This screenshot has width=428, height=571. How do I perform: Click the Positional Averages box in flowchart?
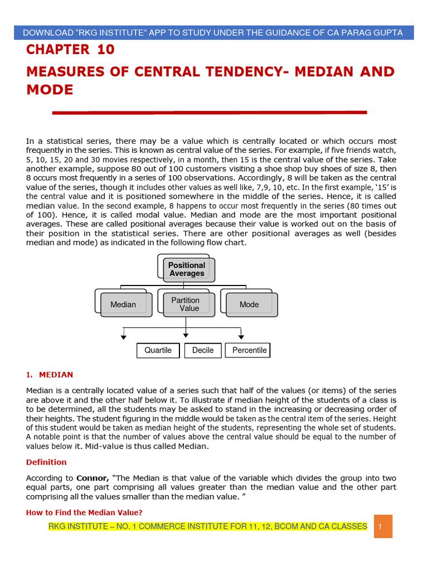(187, 269)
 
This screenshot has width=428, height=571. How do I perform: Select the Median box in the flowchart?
(123, 304)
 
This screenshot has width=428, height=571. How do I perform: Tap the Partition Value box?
(186, 304)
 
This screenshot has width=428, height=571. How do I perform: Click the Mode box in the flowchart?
(249, 304)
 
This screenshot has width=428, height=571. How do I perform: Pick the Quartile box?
(158, 350)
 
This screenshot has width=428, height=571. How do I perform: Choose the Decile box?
(203, 350)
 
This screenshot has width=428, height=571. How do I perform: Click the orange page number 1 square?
(383, 526)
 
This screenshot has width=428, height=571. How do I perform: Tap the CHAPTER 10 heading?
(70, 50)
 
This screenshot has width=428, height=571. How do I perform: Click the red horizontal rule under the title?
(209, 113)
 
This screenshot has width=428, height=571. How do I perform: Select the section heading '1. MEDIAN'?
(50, 375)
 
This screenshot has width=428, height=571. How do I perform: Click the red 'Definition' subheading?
(46, 462)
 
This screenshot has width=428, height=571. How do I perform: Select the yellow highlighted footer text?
(207, 526)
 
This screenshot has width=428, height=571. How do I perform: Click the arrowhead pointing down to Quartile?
(123, 337)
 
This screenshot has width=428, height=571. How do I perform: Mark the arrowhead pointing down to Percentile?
(241, 337)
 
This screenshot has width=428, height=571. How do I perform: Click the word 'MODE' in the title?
(50, 90)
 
